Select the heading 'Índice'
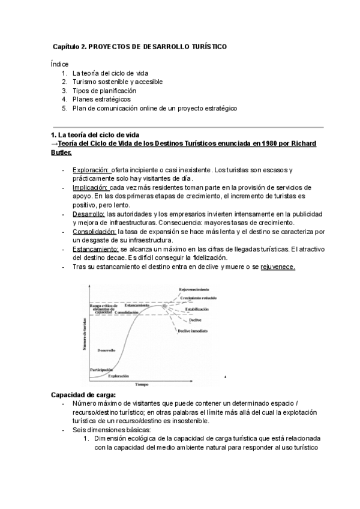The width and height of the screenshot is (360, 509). click(60, 64)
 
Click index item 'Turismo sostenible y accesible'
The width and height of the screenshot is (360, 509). click(117, 82)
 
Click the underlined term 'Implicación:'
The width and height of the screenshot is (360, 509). click(91, 187)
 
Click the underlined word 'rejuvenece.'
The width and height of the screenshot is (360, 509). click(278, 267)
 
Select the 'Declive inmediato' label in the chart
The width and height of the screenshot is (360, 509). click(193, 331)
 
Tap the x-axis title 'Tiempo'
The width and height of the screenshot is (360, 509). click(142, 383)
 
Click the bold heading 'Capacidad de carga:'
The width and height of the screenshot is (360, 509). click(84, 396)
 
